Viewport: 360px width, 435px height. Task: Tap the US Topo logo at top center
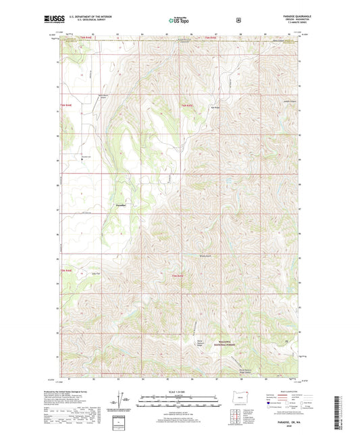point(179,20)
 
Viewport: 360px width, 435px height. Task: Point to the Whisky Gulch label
point(205,255)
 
